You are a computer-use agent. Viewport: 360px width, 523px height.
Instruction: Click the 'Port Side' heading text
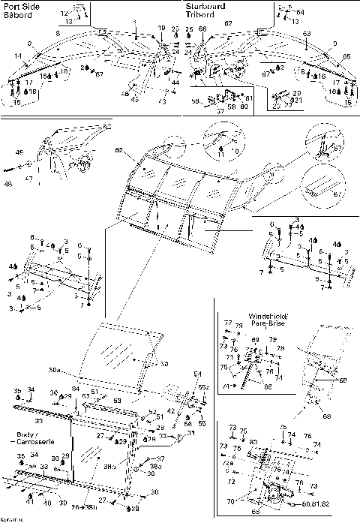22,6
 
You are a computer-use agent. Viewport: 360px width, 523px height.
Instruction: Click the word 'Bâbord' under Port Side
19,14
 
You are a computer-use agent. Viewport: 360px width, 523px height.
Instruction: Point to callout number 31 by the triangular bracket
169,432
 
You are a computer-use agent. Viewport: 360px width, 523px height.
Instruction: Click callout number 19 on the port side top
160,28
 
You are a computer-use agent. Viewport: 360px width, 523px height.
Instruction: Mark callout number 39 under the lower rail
62,503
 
